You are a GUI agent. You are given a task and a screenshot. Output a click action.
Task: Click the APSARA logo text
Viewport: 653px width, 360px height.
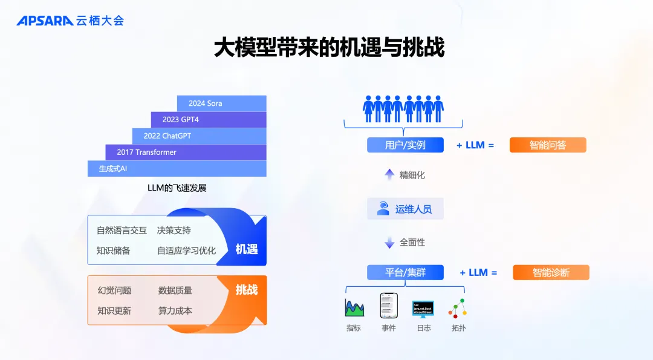pyautogui.click(x=45, y=21)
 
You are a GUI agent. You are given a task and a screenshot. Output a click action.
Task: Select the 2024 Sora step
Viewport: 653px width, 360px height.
pyautogui.click(x=221, y=103)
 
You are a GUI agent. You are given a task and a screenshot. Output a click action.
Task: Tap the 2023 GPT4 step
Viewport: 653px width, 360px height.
pyautogui.click(x=208, y=120)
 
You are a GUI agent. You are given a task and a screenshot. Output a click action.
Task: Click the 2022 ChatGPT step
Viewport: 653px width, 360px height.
pyautogui.click(x=199, y=136)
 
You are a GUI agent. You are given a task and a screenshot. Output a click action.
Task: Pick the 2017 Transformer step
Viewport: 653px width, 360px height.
pyautogui.click(x=186, y=152)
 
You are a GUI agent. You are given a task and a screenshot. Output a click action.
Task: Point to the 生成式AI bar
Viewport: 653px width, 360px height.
pyautogui.click(x=177, y=169)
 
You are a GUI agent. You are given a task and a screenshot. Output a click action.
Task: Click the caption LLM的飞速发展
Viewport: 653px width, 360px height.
pyautogui.click(x=177, y=188)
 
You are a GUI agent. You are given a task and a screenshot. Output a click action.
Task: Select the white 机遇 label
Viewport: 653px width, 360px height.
pyautogui.click(x=247, y=249)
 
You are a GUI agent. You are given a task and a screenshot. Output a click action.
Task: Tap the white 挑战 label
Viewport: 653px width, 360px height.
pyautogui.click(x=247, y=290)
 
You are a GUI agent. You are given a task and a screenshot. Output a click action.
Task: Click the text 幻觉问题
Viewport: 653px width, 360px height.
pyautogui.click(x=114, y=290)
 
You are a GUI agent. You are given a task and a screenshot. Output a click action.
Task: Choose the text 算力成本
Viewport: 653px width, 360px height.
pyautogui.click(x=175, y=310)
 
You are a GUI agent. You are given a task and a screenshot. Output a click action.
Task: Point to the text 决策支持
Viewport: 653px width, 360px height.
pyautogui.click(x=174, y=231)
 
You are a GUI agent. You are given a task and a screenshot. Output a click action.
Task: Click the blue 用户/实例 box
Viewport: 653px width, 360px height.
pyautogui.click(x=405, y=145)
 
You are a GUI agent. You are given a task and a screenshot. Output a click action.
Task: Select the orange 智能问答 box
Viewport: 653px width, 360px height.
pyautogui.click(x=548, y=145)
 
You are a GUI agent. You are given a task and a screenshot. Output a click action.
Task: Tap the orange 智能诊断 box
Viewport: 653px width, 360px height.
pyautogui.click(x=551, y=272)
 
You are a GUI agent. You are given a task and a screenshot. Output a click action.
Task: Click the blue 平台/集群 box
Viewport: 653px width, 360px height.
pyautogui.click(x=405, y=272)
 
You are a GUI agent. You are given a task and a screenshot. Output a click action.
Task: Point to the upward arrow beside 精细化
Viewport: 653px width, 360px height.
pyautogui.click(x=389, y=175)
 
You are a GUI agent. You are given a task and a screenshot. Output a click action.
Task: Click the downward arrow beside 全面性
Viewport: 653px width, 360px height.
pyautogui.click(x=389, y=243)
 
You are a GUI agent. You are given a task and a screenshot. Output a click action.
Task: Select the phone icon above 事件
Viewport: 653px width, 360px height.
pyautogui.click(x=388, y=306)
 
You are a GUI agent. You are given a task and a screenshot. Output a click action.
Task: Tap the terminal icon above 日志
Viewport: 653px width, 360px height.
pyautogui.click(x=423, y=308)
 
